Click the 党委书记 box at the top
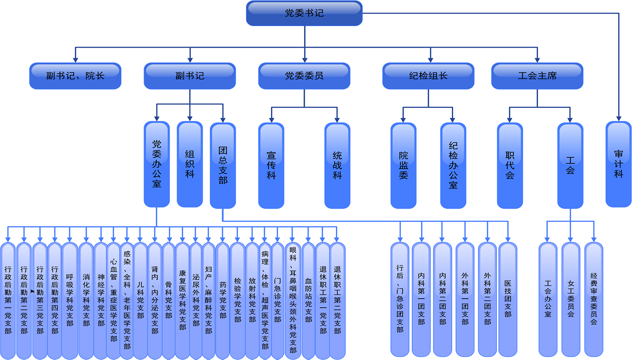304,13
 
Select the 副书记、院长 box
75,76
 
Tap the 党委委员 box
304,76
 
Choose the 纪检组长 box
428,76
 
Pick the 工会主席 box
537,76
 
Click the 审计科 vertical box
618,164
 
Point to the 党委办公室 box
157,164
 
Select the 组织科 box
190,164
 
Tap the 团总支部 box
223,164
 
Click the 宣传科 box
271,165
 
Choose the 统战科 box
337,165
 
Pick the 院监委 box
403,165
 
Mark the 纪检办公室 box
453,165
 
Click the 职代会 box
510,165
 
